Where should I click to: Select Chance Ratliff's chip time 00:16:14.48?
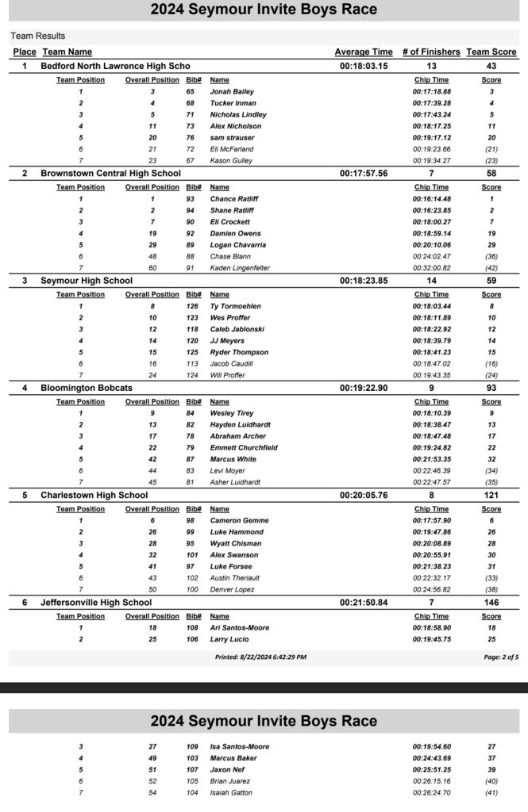(x=431, y=199)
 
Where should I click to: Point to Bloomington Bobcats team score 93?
(x=491, y=388)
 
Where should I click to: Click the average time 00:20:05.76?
(x=364, y=496)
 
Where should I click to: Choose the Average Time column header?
(x=364, y=52)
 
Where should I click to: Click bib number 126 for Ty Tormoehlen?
(x=191, y=306)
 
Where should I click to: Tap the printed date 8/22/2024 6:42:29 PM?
(x=260, y=657)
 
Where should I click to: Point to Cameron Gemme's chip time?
(x=431, y=522)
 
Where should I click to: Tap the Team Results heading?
(x=37, y=36)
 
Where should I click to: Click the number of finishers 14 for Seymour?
(x=431, y=280)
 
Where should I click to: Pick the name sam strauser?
(x=232, y=137)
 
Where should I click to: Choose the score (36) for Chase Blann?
(x=491, y=257)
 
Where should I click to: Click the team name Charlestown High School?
(x=94, y=496)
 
